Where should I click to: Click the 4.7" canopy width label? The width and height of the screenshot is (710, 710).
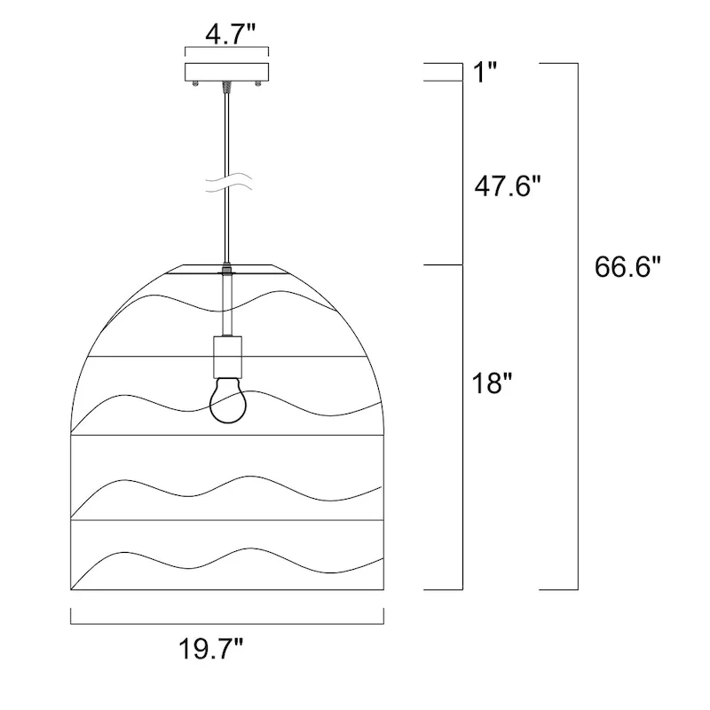(x=230, y=35)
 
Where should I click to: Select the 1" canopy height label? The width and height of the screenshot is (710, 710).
(x=485, y=72)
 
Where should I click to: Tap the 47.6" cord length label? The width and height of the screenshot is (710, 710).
(x=508, y=185)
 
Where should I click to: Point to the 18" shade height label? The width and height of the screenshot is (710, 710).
(x=492, y=383)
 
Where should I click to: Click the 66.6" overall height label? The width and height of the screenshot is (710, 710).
(x=627, y=266)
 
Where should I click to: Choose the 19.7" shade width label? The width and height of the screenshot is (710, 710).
(x=211, y=649)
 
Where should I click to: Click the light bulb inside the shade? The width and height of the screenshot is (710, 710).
(x=228, y=400)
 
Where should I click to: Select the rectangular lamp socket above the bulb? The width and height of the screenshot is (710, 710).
(x=227, y=357)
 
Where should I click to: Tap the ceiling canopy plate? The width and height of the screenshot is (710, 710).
(x=226, y=72)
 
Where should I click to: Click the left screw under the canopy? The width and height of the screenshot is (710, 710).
(x=195, y=83)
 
